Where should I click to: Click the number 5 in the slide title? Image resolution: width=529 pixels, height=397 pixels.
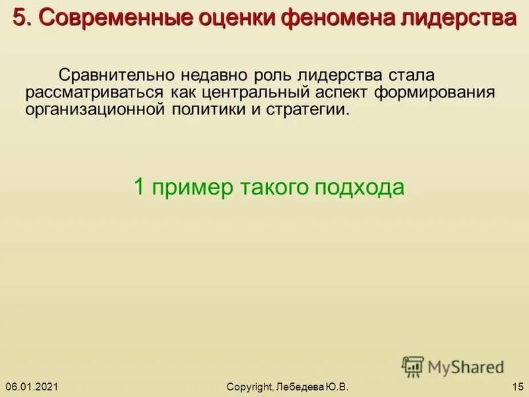(x=19, y=19)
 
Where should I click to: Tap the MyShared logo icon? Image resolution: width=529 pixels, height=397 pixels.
(x=413, y=366)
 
